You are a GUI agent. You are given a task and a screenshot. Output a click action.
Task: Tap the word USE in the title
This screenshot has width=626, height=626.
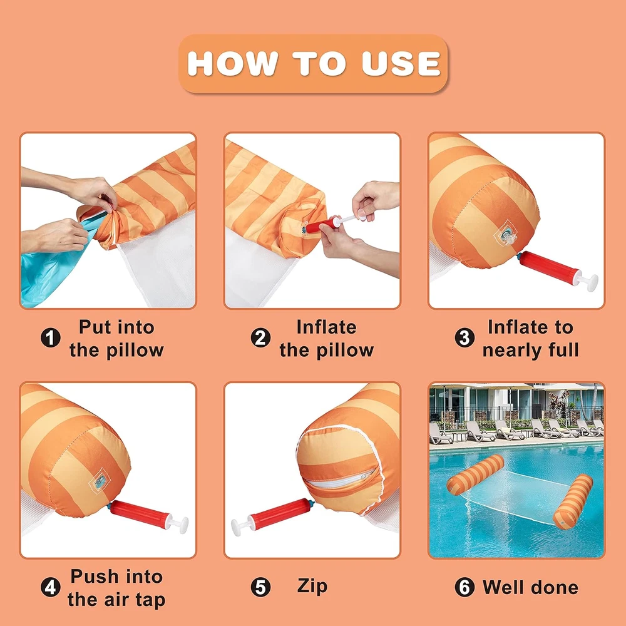(x=401, y=63)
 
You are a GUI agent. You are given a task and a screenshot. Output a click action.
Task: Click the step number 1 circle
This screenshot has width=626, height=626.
(x=51, y=338)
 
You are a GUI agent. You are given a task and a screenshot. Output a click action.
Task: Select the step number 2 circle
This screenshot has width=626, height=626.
(x=260, y=338)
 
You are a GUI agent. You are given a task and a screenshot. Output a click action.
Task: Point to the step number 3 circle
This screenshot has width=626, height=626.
(x=464, y=338)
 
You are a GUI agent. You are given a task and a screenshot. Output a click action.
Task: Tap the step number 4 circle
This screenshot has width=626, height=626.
(x=51, y=587)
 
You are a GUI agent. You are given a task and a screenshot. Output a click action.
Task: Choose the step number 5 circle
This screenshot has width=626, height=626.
(x=260, y=587)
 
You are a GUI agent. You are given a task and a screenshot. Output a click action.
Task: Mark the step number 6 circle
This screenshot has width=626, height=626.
(x=464, y=587)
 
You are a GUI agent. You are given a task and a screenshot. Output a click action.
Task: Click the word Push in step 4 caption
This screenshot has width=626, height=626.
(x=95, y=576)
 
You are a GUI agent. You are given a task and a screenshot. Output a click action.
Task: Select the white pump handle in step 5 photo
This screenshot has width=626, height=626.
(x=242, y=525)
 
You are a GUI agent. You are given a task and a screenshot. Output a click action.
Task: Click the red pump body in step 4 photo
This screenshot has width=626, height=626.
(x=139, y=514)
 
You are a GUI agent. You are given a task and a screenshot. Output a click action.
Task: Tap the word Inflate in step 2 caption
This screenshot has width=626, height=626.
(x=326, y=327)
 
